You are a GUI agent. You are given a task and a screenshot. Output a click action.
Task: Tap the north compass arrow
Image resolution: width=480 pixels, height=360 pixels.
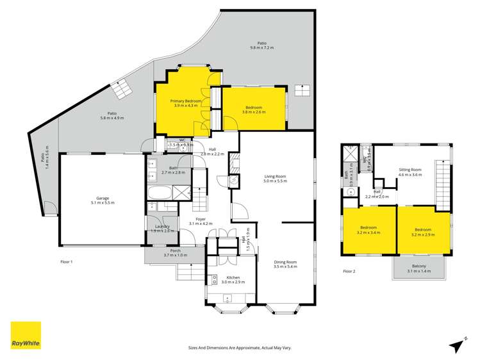click(456, 345)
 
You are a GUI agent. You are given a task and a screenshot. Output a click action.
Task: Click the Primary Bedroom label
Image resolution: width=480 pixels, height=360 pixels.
click(186, 103)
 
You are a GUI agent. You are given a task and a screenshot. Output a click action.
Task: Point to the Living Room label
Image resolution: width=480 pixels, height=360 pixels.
click(276, 179)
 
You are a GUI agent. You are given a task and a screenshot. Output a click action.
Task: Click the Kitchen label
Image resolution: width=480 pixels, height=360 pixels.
click(229, 279)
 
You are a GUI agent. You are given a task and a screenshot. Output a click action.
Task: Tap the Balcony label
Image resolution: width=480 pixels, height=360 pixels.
click(418, 270)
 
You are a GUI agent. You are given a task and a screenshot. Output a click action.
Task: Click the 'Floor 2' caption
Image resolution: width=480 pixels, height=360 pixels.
click(350, 272)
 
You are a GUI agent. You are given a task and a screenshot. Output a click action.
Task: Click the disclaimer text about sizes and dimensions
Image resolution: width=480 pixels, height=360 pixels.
click(240, 348)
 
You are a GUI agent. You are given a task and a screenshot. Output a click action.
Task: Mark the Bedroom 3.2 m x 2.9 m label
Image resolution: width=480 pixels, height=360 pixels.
click(424, 232)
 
